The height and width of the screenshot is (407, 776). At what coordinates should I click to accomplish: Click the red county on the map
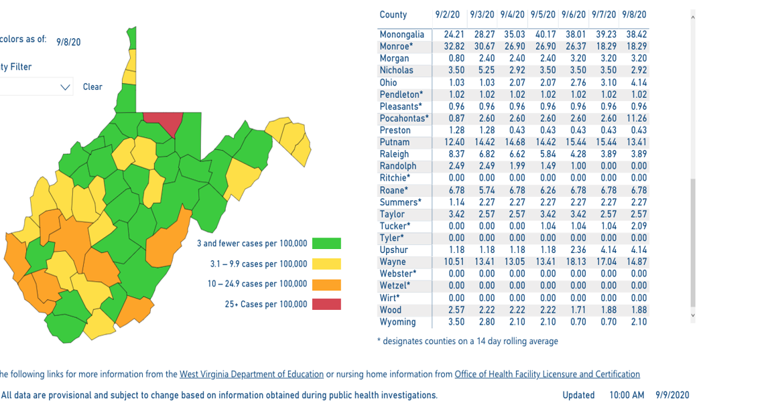(164, 122)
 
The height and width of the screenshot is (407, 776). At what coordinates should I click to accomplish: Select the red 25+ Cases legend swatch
(326, 304)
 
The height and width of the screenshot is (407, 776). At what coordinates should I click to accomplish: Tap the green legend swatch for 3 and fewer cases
(326, 243)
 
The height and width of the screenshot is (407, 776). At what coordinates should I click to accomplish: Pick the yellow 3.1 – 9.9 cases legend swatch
(326, 264)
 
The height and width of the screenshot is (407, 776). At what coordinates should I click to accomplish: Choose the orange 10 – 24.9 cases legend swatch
(326, 284)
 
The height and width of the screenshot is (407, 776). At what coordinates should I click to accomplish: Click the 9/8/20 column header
(634, 15)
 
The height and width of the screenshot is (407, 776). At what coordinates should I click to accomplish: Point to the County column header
(393, 15)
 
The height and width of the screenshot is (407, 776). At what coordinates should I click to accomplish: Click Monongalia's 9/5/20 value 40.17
(543, 34)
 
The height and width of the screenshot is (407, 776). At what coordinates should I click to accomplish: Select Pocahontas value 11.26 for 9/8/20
(634, 118)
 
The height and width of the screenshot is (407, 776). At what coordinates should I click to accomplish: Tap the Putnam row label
(394, 143)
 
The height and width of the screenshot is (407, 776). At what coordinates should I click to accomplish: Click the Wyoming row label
(397, 322)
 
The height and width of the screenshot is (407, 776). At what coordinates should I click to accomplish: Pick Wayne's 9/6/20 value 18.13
(574, 262)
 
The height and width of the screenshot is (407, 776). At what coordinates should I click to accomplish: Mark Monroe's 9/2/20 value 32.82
(446, 46)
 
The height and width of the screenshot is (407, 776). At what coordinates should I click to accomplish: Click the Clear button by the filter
(92, 87)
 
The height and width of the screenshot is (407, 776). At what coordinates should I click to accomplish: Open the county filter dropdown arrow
(66, 87)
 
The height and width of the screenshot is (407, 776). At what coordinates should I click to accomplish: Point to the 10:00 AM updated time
(627, 395)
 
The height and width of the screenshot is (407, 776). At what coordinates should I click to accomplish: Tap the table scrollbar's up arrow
(693, 17)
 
